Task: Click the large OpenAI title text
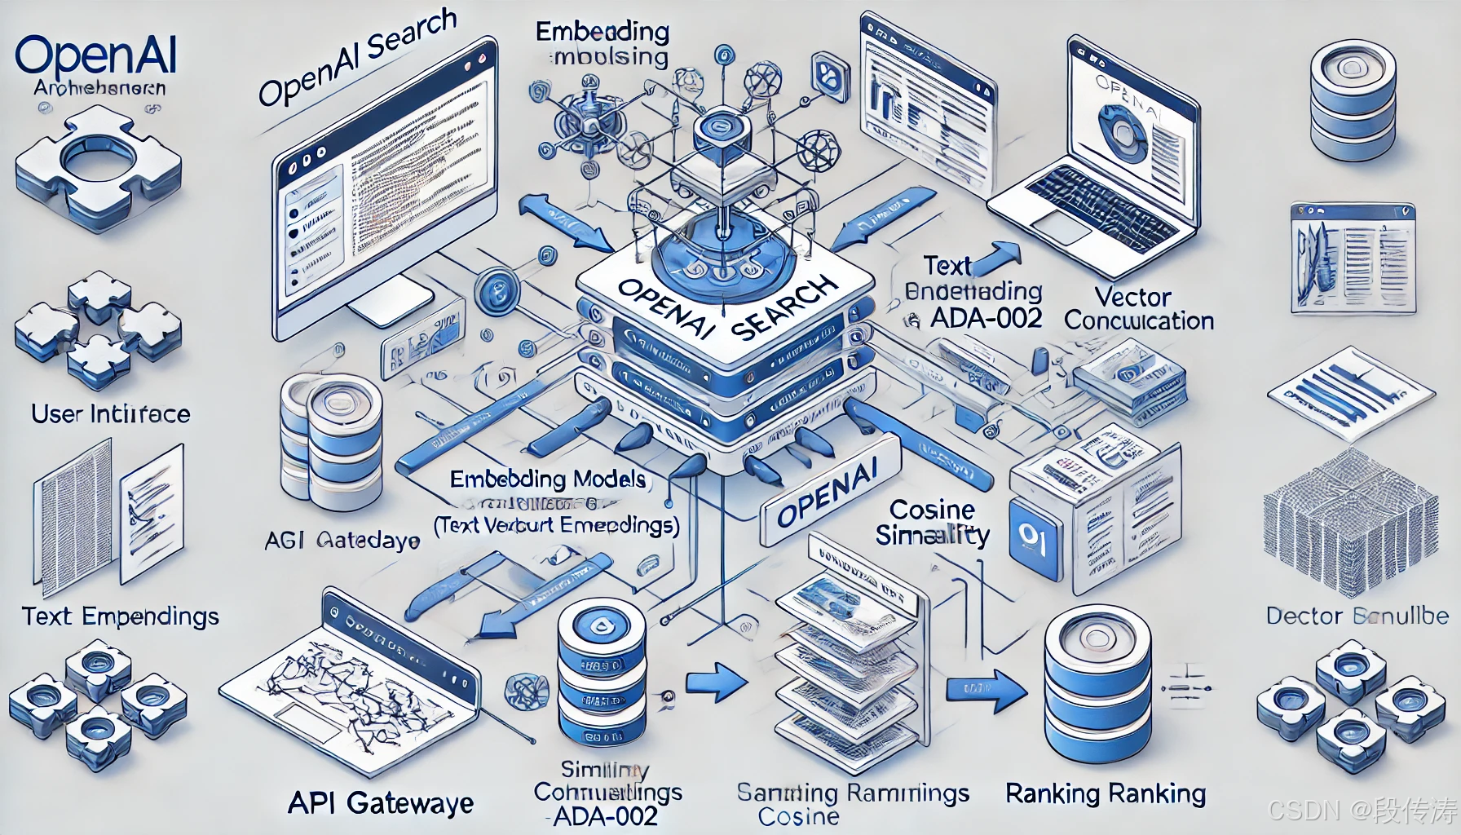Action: coord(95,55)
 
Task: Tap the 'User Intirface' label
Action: coord(111,414)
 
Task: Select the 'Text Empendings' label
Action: coord(121,616)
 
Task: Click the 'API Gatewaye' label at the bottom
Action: coord(381,804)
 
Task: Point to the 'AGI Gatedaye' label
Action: coord(342,540)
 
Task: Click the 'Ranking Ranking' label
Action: coord(1106,793)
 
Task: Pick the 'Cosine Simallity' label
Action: coord(933,523)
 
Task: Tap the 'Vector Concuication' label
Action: coord(1138,308)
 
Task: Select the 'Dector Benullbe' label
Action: coord(1357,616)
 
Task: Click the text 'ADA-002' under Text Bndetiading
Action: coord(986,318)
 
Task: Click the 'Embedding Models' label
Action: coord(548,479)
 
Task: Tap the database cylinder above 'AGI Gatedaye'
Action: coord(331,440)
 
